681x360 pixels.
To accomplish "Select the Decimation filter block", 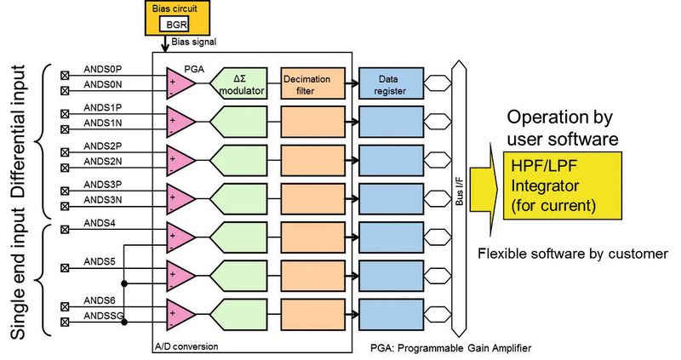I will click(312, 83).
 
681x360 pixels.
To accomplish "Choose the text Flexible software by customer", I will click(571, 254).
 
